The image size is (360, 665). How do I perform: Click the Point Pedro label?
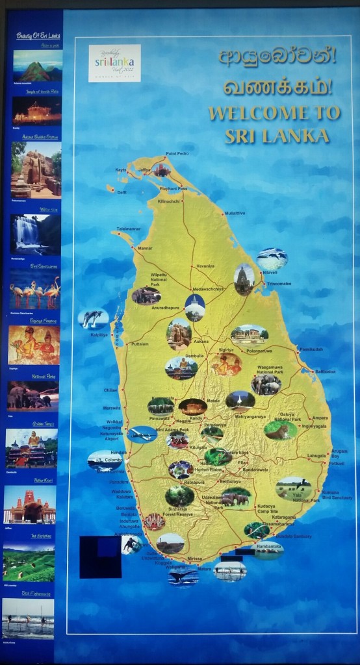pyautogui.click(x=177, y=153)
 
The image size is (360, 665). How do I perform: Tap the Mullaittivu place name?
pyautogui.click(x=235, y=213)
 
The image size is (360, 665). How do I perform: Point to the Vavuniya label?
pyautogui.click(x=205, y=266)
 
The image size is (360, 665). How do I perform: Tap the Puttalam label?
pyautogui.click(x=140, y=344)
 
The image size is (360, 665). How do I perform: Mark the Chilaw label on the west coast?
pyautogui.click(x=110, y=390)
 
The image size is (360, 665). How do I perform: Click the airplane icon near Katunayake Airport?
pyautogui.click(x=142, y=434)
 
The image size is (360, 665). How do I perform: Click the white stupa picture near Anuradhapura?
pyautogui.click(x=195, y=307)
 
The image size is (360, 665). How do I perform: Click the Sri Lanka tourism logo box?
pyautogui.click(x=114, y=63)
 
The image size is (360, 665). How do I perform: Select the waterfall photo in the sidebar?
pyautogui.click(x=35, y=234)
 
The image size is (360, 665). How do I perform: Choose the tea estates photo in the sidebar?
pyautogui.click(x=29, y=562)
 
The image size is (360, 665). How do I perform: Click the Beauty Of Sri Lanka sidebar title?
pyautogui.click(x=38, y=36)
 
